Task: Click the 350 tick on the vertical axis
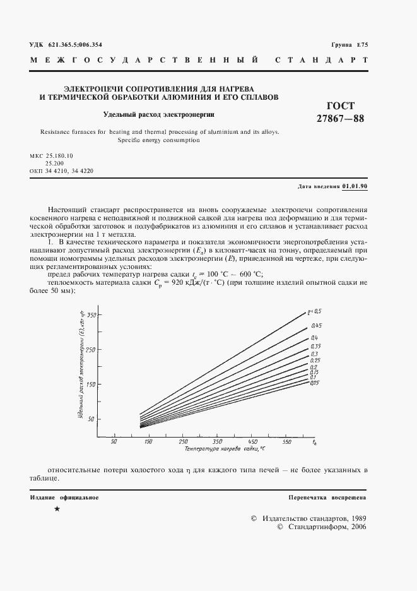91,314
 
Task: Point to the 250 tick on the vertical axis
91,349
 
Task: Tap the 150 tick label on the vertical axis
91,384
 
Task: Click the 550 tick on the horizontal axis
286,442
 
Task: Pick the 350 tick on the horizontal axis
217,442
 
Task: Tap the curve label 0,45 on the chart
316,325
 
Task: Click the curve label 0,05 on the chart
315,383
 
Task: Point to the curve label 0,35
316,347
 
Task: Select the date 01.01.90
355,186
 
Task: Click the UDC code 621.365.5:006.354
74,44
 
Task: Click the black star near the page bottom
57,509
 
